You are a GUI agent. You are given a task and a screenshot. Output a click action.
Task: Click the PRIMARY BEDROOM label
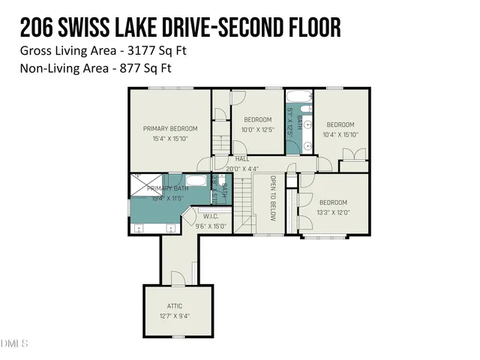tap(170, 128)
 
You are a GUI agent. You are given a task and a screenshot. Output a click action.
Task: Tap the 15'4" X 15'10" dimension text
tap(170, 139)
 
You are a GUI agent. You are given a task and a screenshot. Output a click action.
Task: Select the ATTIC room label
tap(175, 306)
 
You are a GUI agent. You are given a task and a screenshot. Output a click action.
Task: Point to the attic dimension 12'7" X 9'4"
tap(175, 316)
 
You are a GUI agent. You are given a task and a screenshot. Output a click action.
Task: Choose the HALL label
tap(242, 159)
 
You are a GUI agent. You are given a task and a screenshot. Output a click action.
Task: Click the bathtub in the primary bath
tap(196, 181)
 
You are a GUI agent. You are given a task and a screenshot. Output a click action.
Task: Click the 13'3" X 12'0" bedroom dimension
tap(333, 212)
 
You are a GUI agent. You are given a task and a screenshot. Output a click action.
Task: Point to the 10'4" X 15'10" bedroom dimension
tap(340, 134)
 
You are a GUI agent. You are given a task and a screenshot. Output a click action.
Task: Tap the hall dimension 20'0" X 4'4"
tap(248, 168)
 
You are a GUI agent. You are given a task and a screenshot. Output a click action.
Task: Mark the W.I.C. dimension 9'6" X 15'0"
tap(211, 225)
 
